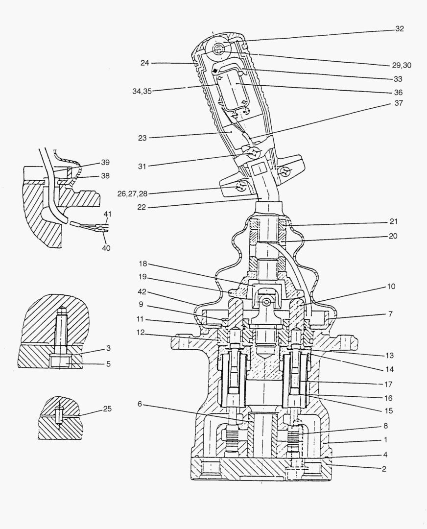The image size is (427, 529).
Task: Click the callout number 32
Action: pos(400,29)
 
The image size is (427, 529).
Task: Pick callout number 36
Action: pos(398,92)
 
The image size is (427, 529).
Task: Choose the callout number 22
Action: pos(141,207)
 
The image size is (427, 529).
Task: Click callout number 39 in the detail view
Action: pos(105,163)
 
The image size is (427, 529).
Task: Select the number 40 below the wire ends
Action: pos(106,248)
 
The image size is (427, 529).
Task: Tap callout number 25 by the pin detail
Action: pos(107,408)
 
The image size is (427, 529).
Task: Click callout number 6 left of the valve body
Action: pos(140,404)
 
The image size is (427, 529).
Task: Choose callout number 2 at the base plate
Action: pos(384,468)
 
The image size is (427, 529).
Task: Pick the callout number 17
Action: pos(389,384)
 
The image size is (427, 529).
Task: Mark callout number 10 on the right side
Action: pos(391,286)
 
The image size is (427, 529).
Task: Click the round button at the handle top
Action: pos(217,48)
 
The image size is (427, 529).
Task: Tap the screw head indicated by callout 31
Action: pos(254,154)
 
